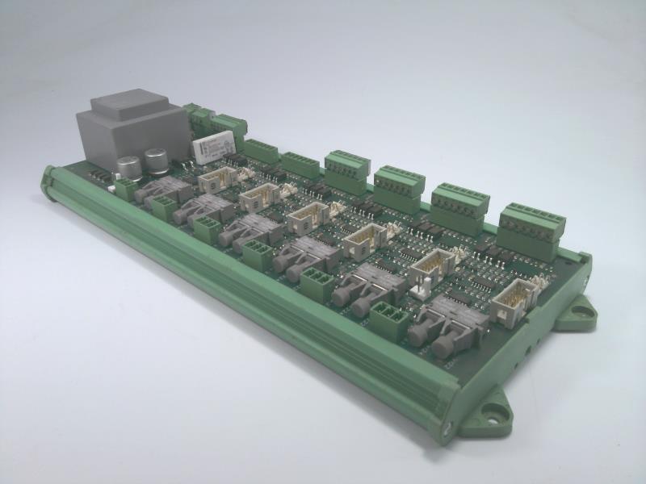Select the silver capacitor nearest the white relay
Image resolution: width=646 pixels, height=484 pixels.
(153, 159)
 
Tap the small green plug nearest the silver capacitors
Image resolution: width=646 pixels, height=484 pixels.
(125, 190)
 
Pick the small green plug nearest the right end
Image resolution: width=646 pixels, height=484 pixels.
(388, 317)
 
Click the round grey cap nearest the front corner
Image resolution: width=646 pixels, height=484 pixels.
(442, 346)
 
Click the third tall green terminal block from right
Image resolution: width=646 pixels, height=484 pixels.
(399, 188)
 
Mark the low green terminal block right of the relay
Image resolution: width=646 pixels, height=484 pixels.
(260, 150)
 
